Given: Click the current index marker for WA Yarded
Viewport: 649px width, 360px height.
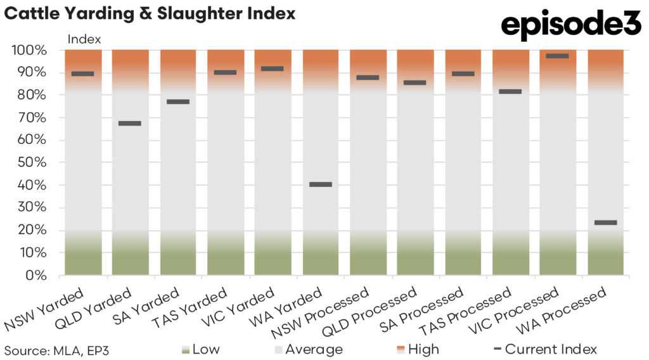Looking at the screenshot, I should point(320,184).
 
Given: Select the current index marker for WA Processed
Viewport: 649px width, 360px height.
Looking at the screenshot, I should point(605,222).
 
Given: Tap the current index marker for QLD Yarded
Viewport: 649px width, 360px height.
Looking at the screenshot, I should point(130,123).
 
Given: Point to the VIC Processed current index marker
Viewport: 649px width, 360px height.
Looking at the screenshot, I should point(558,56).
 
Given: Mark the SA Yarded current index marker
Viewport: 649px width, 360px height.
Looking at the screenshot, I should point(177,101).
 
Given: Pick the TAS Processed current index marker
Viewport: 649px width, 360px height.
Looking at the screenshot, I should point(510,91).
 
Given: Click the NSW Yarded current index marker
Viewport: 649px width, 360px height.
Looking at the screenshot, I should point(82,74).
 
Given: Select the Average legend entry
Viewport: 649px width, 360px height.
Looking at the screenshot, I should point(309,349).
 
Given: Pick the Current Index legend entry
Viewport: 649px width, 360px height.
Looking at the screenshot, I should point(544,349).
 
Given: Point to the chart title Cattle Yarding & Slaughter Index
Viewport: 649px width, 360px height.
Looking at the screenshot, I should point(150,13).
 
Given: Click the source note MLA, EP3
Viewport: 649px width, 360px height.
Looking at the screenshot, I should point(52,349).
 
